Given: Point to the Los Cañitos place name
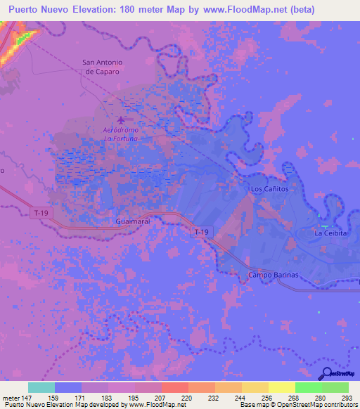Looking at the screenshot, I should click(269, 190).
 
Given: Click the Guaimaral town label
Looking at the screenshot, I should click(134, 221).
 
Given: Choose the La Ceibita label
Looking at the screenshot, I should click(330, 233).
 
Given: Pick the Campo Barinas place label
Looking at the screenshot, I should click(274, 275).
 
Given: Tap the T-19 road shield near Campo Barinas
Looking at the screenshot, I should click(202, 231).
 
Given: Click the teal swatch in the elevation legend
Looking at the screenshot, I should click(41, 387).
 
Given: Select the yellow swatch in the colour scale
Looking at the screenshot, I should click(281, 387).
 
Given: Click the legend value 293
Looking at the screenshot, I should click(347, 397).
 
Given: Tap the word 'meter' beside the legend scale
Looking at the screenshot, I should click(11, 397).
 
